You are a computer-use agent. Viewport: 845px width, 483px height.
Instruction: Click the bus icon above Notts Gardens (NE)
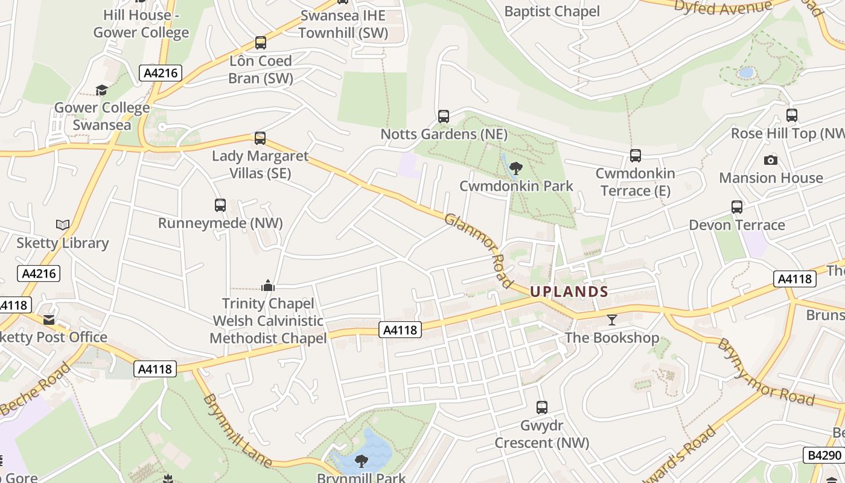pyautogui.click(x=444, y=116)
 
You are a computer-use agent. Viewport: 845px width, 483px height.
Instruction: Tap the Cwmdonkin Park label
pyautogui.click(x=516, y=186)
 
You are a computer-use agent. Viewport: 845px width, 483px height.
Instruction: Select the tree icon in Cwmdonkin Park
pyautogui.click(x=515, y=168)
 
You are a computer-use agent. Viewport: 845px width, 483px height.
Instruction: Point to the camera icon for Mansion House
pyautogui.click(x=770, y=160)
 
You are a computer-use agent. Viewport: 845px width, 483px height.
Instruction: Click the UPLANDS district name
pyautogui.click(x=569, y=292)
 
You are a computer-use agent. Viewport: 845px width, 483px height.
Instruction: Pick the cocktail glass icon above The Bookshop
pyautogui.click(x=612, y=319)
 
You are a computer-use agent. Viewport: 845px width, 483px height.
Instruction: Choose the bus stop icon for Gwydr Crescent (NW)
pyautogui.click(x=542, y=408)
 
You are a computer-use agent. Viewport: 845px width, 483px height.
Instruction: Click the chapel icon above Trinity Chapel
pyautogui.click(x=267, y=285)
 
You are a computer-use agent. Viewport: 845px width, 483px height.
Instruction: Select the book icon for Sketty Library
pyautogui.click(x=62, y=225)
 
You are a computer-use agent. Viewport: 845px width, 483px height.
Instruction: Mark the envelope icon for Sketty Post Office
pyautogui.click(x=49, y=319)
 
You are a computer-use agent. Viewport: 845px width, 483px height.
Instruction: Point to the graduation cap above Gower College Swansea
pyautogui.click(x=101, y=90)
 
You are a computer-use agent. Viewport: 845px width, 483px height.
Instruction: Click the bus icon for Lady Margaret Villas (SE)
pyautogui.click(x=260, y=138)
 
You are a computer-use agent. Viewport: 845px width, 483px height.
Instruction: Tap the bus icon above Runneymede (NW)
pyautogui.click(x=220, y=205)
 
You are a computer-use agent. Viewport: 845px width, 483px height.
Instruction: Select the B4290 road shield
pyautogui.click(x=823, y=455)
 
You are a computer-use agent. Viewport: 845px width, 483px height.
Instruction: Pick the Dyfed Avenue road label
pyautogui.click(x=722, y=7)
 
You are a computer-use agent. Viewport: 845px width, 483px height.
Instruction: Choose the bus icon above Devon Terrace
pyautogui.click(x=737, y=207)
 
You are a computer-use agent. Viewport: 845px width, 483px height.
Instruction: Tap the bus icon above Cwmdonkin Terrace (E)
pyautogui.click(x=635, y=156)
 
